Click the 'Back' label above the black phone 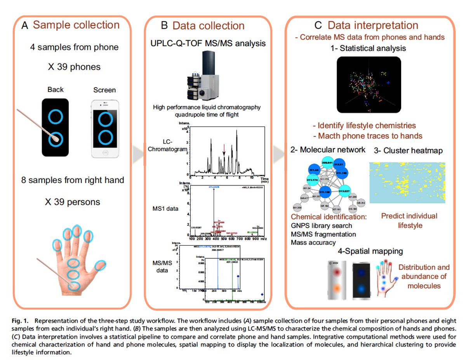[x=56, y=90]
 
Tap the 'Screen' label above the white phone [x=104, y=90]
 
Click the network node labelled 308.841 [x=327, y=163]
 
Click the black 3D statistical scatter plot [x=369, y=84]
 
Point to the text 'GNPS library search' [x=322, y=225]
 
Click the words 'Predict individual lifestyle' [x=409, y=220]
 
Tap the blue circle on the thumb [x=100, y=265]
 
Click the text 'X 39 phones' [x=75, y=67]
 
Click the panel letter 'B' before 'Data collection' [x=164, y=26]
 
